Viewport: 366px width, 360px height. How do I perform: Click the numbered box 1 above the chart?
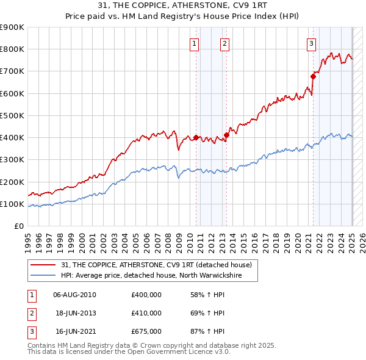click(x=194, y=43)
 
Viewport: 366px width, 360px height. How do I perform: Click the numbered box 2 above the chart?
click(x=224, y=43)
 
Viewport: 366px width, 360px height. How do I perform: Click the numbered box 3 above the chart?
click(x=311, y=43)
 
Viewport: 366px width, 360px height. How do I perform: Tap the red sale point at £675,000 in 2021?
click(x=314, y=77)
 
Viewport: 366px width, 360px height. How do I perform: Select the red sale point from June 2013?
click(x=226, y=135)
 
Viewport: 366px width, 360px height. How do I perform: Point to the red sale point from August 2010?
click(x=196, y=137)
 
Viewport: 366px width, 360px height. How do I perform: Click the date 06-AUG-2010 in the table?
click(x=74, y=295)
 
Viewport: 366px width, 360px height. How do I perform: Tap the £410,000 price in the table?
click(x=146, y=313)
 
